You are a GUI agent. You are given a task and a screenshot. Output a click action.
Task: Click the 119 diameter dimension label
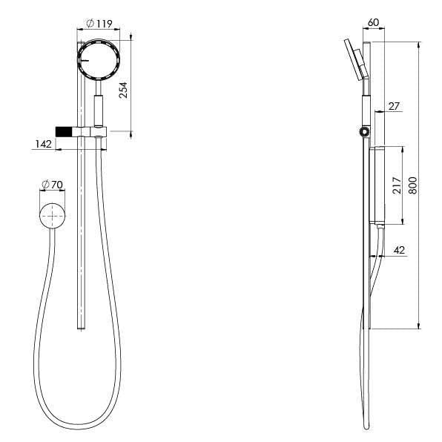point(102,24)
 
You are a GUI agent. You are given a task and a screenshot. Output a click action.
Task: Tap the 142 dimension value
point(42,144)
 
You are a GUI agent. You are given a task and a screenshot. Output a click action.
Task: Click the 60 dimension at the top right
point(373,23)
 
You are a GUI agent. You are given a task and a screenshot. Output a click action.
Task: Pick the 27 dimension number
point(393,107)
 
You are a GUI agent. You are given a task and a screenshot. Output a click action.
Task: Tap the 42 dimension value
point(399,251)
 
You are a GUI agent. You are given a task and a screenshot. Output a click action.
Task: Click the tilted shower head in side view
point(354,60)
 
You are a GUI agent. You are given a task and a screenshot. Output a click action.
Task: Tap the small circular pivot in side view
point(363,132)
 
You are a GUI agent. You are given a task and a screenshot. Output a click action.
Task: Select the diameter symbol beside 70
point(47,183)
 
